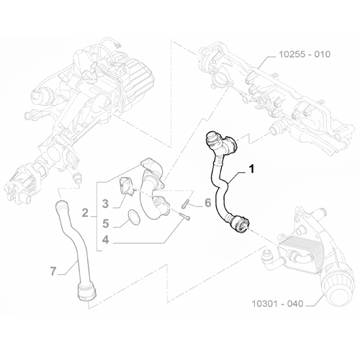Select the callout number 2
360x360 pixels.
(x=85, y=212)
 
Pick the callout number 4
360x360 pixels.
(x=104, y=239)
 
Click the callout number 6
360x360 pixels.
(x=207, y=203)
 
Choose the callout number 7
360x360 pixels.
(x=53, y=271)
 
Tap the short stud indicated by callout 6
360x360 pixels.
(x=186, y=204)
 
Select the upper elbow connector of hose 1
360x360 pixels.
(x=216, y=140)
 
